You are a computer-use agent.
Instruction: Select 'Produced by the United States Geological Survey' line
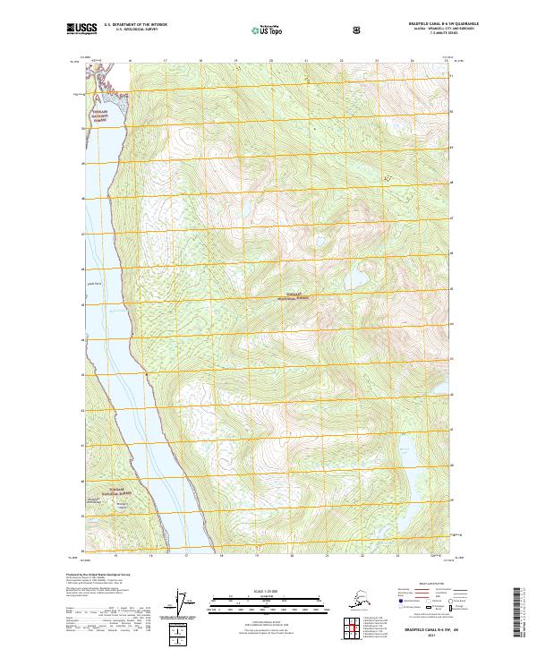click(98, 574)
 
